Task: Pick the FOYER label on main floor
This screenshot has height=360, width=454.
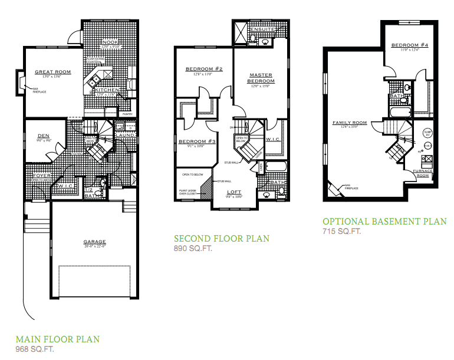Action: click(x=41, y=175)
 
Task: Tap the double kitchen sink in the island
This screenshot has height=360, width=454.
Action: click(x=94, y=83)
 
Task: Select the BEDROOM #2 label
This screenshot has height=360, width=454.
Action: click(x=203, y=69)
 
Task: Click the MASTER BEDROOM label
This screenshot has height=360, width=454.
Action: click(x=260, y=78)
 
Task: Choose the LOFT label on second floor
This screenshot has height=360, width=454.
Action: click(x=235, y=192)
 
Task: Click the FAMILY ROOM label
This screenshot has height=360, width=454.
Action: click(x=349, y=123)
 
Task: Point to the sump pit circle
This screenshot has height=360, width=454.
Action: click(x=427, y=133)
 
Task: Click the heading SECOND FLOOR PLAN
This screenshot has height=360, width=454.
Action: click(x=221, y=239)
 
